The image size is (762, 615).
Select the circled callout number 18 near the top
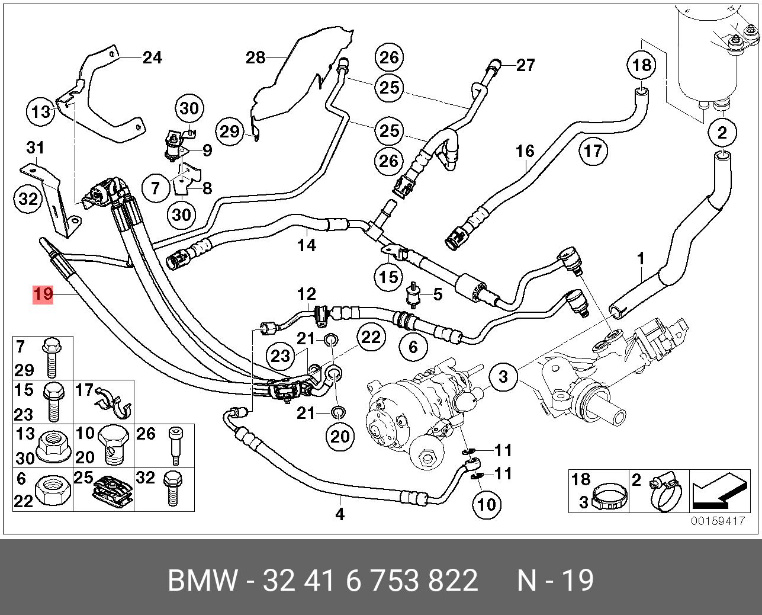point(642,65)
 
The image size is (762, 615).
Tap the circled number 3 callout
point(503,376)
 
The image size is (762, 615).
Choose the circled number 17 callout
point(593,151)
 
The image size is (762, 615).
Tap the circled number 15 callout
point(388,277)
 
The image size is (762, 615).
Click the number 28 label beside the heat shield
point(256,57)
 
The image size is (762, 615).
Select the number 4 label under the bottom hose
point(340,514)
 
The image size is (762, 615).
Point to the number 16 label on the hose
point(525,151)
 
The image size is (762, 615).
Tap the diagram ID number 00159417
point(717,521)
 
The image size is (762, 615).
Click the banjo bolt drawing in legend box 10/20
point(112,445)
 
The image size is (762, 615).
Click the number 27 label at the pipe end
point(525,65)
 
